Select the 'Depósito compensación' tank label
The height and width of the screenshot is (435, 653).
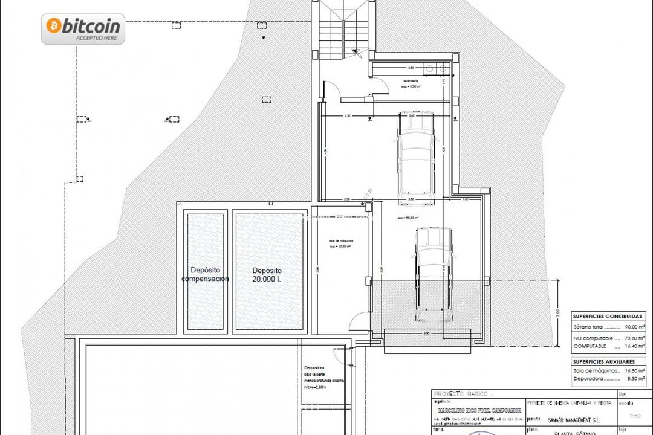coord(205,274)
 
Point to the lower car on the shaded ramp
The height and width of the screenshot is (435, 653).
coord(432,275)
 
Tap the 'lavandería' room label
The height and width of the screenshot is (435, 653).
coord(411,80)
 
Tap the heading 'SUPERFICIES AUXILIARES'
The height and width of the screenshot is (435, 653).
coord(605,361)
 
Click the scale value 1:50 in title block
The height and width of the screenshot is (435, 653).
coord(635,416)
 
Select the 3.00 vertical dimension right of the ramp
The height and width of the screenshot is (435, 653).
coord(558,314)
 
